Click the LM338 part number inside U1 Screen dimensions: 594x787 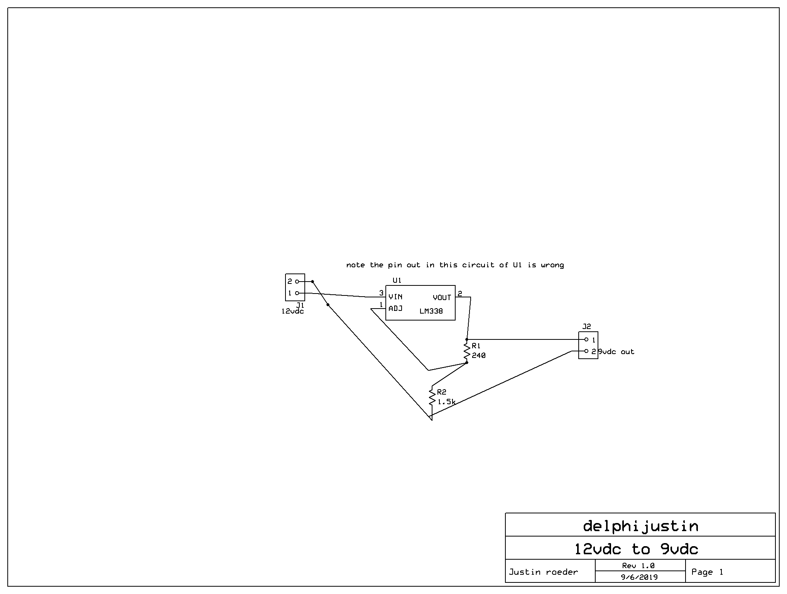click(431, 311)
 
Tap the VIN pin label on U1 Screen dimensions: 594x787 click(395, 297)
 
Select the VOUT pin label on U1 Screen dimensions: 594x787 click(442, 297)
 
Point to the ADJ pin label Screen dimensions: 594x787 click(395, 309)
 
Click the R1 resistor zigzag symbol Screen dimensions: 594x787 click(467, 351)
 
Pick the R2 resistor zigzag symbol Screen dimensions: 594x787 click(432, 397)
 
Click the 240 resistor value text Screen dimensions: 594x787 click(478, 356)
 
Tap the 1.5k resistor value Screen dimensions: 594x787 click(446, 402)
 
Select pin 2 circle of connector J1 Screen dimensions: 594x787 click(297, 282)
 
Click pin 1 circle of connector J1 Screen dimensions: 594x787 click(297, 293)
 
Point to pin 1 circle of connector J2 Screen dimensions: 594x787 click(586, 339)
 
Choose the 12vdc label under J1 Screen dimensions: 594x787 click(292, 311)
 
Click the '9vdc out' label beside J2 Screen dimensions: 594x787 click(616, 352)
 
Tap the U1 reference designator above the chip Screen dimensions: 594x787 click(397, 280)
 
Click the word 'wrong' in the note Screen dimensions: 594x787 click(552, 265)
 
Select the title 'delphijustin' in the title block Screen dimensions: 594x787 click(640, 526)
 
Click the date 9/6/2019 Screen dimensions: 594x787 click(640, 577)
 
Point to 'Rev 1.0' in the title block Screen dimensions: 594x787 click(638, 565)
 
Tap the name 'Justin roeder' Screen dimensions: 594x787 click(543, 572)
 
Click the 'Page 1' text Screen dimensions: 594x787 click(707, 572)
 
